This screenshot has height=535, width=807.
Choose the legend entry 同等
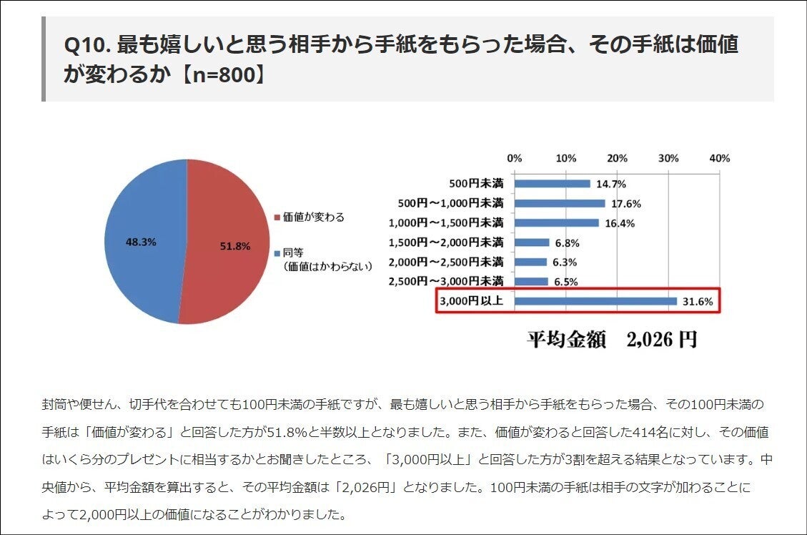tap(294, 252)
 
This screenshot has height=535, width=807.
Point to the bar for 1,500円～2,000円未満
tap(531, 242)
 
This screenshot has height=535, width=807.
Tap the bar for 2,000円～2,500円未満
tap(530, 262)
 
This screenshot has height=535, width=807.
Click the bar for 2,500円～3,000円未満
tap(530, 281)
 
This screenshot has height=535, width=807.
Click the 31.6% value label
tap(698, 302)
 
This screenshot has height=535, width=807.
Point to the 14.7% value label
tap(611, 184)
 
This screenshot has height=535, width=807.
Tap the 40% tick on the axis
tap(719, 158)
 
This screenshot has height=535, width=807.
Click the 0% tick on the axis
tap(514, 158)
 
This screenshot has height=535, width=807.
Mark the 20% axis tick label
tap(617, 158)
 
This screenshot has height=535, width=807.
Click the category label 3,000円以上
tap(471, 301)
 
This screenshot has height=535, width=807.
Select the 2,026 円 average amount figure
tap(661, 339)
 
